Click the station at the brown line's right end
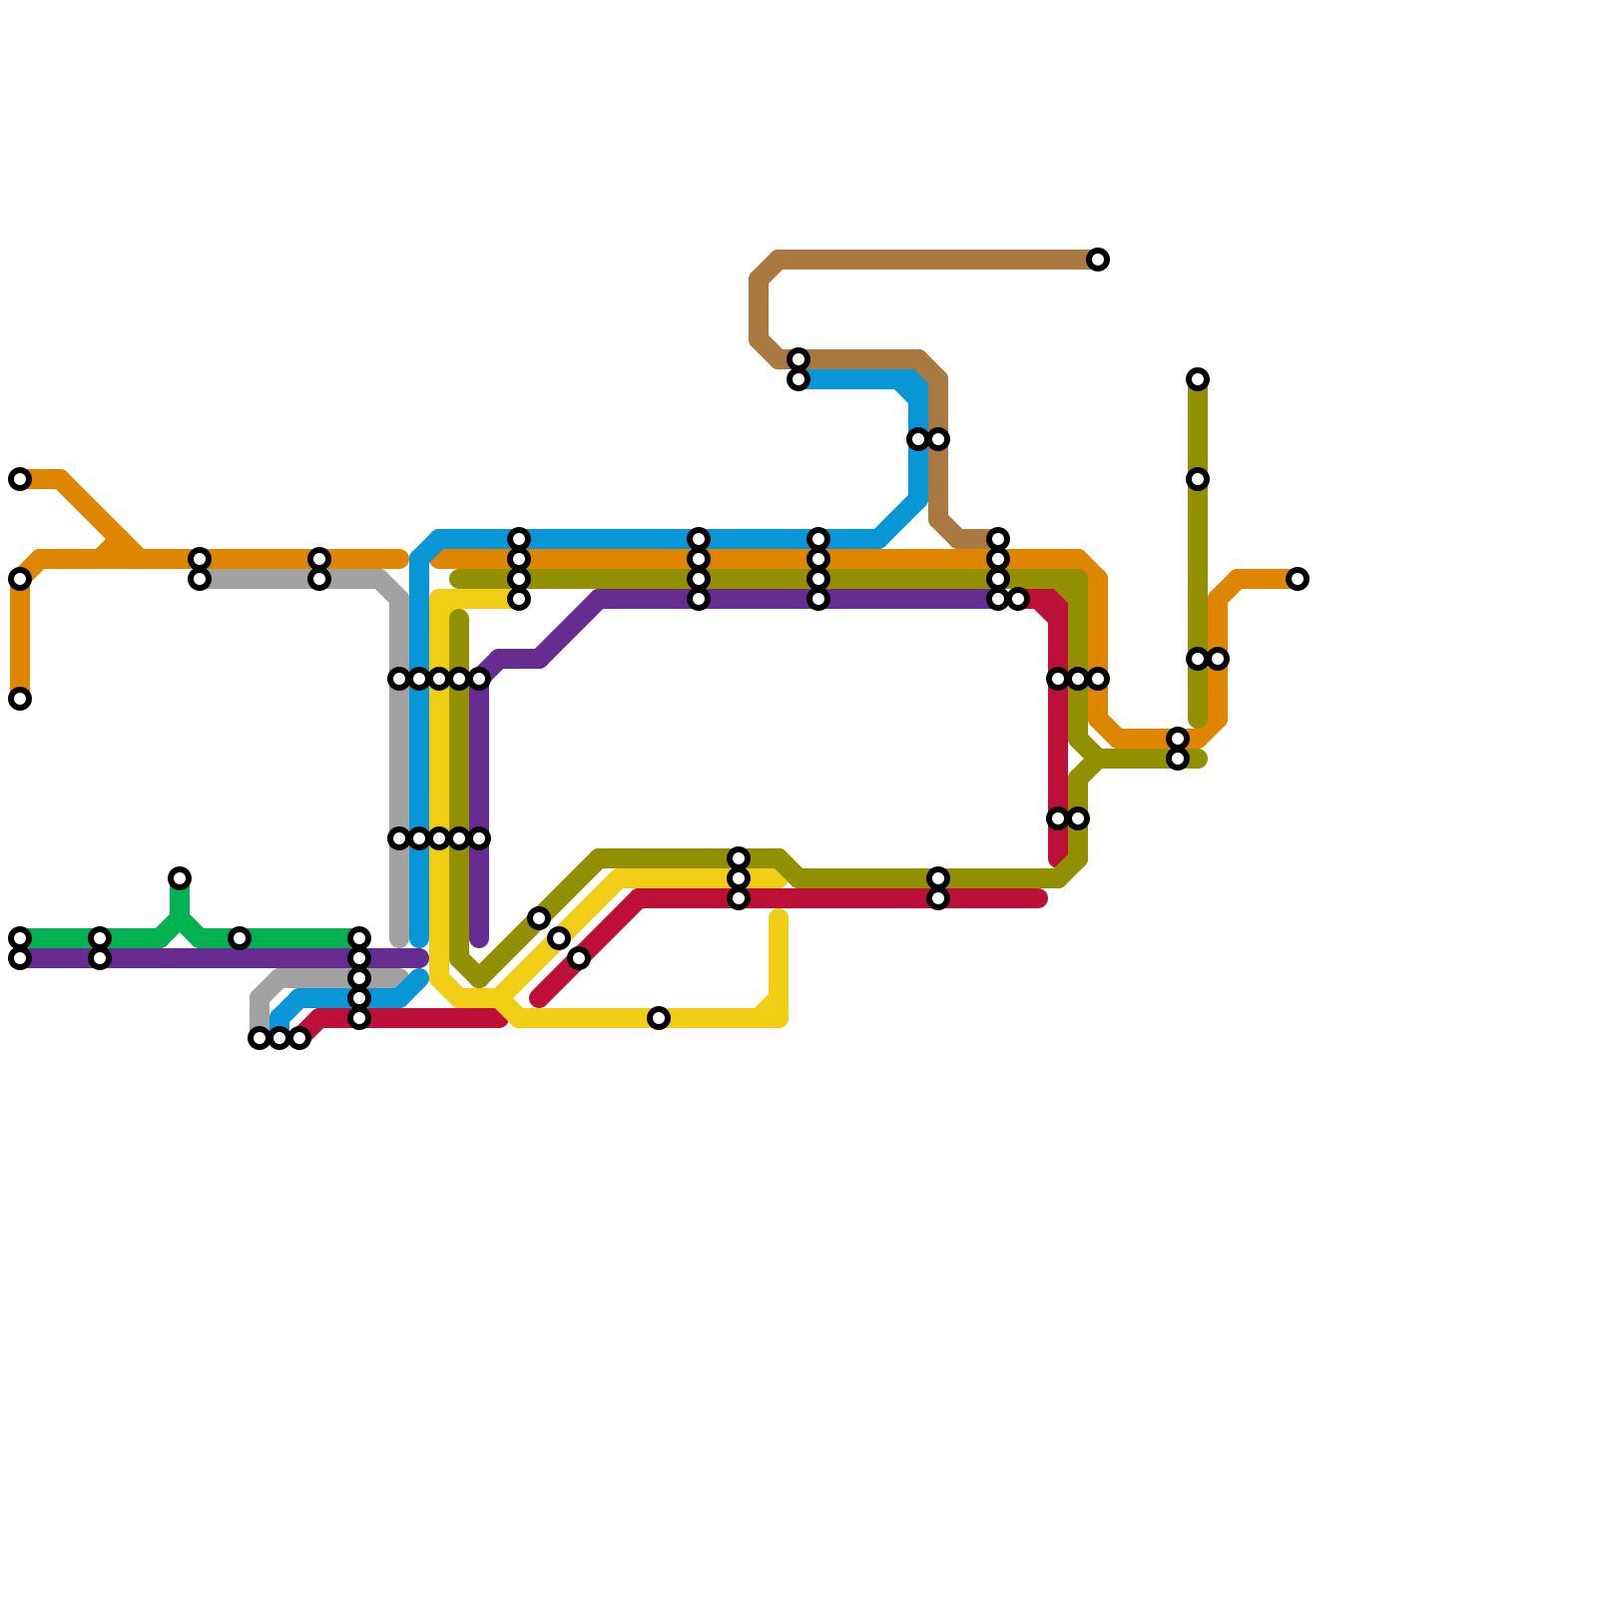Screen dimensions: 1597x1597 tap(1098, 260)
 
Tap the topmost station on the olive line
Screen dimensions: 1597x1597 tap(1198, 379)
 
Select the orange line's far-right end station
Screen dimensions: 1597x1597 tap(1298, 579)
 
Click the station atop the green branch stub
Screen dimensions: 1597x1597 tap(180, 878)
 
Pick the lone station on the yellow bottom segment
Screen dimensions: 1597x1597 tap(659, 1018)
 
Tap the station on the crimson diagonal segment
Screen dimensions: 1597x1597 tap(579, 958)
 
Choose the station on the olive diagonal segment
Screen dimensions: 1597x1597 tap(539, 918)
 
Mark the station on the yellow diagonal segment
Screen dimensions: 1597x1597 tap(559, 938)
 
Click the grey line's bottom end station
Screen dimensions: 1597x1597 tap(260, 1038)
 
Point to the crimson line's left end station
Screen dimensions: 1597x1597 tap(299, 1038)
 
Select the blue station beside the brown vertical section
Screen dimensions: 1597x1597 tap(918, 439)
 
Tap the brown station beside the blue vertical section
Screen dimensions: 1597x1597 tap(938, 439)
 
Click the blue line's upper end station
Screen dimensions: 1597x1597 tap(798, 379)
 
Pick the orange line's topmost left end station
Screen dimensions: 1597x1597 tap(20, 479)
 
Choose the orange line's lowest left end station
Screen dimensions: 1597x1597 tap(20, 699)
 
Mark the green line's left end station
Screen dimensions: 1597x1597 tap(20, 938)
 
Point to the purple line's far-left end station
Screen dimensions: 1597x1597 tap(20, 958)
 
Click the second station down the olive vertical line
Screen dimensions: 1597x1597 tap(1198, 479)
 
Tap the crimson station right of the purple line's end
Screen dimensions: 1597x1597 tap(1018, 599)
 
